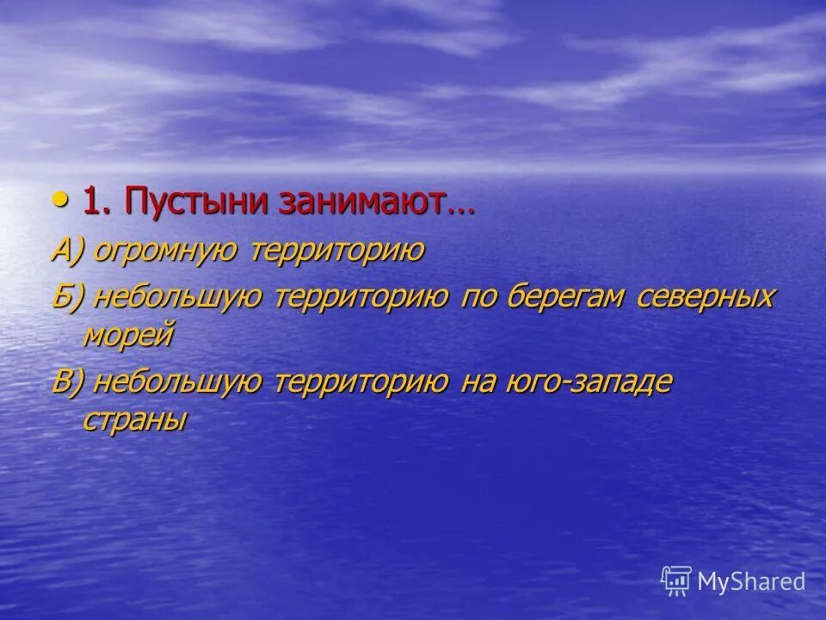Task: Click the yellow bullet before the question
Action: point(59,201)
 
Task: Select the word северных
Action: point(706,299)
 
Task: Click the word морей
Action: point(129,334)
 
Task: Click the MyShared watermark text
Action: point(751,581)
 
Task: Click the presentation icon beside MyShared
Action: point(676,581)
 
